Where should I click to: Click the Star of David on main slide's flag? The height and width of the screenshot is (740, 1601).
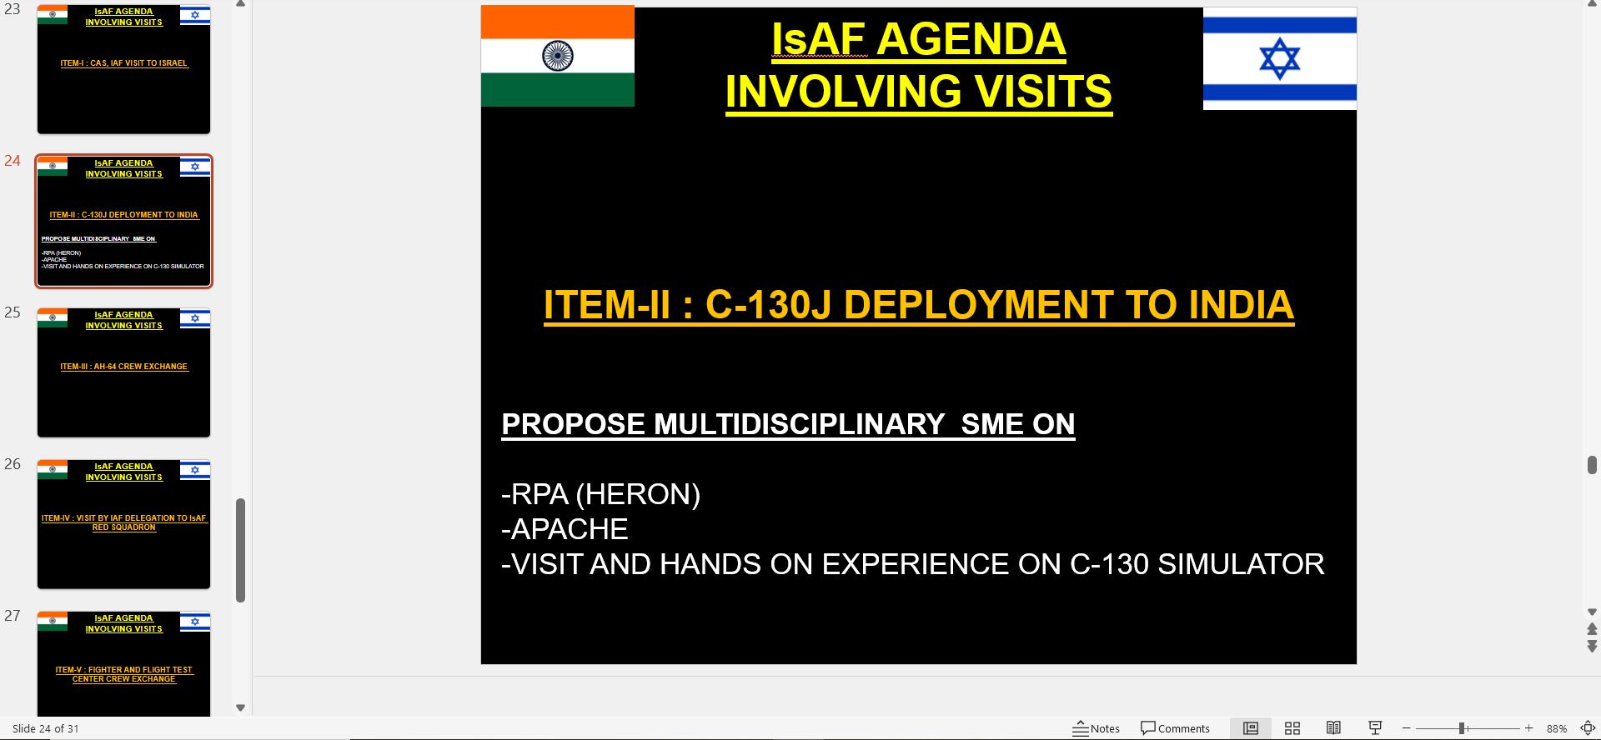1279,59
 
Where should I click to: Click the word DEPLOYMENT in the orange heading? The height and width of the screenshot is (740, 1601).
976,305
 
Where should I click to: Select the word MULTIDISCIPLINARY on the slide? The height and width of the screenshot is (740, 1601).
799,424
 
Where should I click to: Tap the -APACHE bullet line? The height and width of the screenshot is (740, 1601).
565,529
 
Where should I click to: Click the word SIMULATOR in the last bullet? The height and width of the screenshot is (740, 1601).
1241,564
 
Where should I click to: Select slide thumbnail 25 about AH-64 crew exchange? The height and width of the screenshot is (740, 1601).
123,372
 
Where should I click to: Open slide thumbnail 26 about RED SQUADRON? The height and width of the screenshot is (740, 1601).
123,524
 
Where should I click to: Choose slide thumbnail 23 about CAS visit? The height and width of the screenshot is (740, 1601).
123,69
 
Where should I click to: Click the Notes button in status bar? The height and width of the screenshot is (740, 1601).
1096,728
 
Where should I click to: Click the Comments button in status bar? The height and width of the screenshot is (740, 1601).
1175,728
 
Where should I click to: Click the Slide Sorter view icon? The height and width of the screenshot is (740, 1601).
1292,728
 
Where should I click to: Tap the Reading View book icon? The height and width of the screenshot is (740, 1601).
1333,728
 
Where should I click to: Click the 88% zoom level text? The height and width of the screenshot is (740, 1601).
1556,728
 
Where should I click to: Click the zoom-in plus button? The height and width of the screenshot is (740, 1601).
1528,728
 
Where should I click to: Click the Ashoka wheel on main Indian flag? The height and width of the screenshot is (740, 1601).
557,56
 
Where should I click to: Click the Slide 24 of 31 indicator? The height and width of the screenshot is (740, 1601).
46,728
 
